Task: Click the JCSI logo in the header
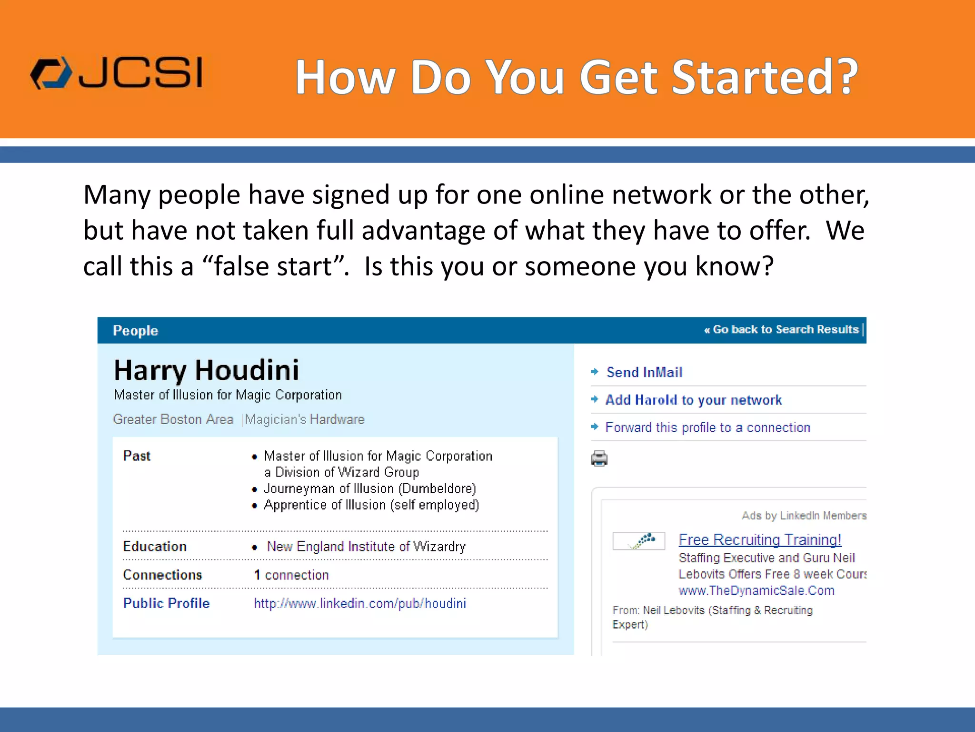click(x=117, y=73)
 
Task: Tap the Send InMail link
click(x=644, y=372)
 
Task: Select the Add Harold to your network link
click(x=693, y=400)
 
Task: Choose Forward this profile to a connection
click(x=707, y=427)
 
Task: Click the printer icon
click(x=599, y=458)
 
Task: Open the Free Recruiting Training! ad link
click(x=760, y=539)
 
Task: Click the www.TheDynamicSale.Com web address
click(x=756, y=590)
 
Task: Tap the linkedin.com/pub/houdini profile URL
click(x=360, y=603)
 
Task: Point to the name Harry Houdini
click(x=207, y=370)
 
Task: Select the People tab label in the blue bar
click(x=135, y=331)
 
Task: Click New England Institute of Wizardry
click(x=366, y=546)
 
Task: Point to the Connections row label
click(x=162, y=575)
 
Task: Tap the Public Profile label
click(x=166, y=603)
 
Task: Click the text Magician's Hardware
click(x=305, y=419)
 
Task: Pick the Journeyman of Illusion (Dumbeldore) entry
click(x=370, y=488)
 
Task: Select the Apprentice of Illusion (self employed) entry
click(x=371, y=505)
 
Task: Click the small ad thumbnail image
click(x=638, y=541)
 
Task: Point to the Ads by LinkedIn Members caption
click(x=804, y=516)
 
